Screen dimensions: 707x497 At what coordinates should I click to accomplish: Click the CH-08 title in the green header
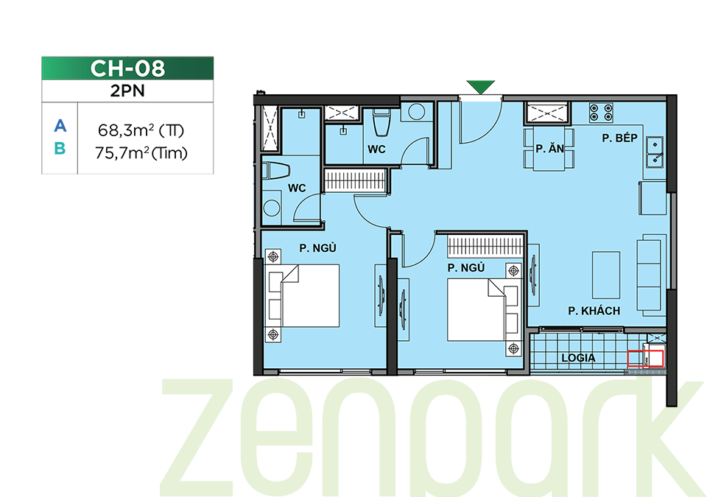coord(127,68)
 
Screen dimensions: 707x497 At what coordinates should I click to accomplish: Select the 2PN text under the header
coord(127,91)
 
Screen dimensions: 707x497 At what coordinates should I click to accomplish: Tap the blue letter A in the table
coord(60,126)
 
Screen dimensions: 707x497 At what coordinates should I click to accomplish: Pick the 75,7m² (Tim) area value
coord(141,153)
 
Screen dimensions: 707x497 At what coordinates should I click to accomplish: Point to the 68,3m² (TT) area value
coord(141,131)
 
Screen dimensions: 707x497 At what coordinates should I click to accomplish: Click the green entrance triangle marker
coord(480,87)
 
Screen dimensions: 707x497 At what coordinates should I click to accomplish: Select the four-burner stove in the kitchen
coord(602,113)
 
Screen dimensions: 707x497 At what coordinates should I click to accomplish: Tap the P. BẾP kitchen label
coord(619,138)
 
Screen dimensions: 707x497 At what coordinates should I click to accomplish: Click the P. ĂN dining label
coord(549,149)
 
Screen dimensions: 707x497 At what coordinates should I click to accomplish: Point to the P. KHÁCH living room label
coord(594,311)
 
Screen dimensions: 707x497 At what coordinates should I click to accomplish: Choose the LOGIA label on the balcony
coord(579,358)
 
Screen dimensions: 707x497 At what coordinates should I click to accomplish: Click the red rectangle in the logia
coord(645,359)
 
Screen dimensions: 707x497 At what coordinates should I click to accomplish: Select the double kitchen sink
coord(654,152)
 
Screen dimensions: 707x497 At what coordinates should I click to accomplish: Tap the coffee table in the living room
coord(606,275)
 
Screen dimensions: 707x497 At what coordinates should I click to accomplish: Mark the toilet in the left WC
coord(275,171)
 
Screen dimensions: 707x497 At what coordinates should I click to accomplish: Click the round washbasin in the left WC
coord(272,208)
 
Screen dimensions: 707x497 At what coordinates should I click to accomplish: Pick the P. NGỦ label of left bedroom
coord(317,248)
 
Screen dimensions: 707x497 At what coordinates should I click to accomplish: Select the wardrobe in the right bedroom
coord(485,247)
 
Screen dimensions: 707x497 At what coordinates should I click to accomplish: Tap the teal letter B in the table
coord(60,149)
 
